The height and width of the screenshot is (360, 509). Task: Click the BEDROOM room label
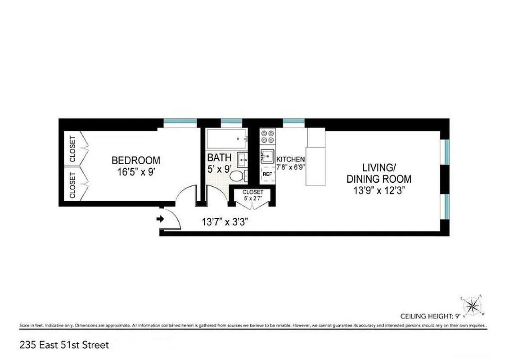[135, 160]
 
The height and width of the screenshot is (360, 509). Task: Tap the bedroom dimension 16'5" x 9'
[135, 171]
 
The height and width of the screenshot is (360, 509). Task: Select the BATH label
[219, 157]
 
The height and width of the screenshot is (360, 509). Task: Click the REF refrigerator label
[267, 174]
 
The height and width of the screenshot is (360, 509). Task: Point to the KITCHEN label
[290, 159]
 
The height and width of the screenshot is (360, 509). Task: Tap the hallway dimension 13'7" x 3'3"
[225, 221]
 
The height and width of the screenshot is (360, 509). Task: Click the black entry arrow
[159, 219]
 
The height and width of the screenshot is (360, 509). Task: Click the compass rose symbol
[472, 306]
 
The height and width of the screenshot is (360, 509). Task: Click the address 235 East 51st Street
[64, 345]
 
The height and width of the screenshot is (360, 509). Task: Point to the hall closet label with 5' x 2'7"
[252, 195]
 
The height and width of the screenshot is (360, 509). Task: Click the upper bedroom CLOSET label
[72, 148]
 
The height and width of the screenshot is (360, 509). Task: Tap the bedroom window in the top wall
[180, 121]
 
